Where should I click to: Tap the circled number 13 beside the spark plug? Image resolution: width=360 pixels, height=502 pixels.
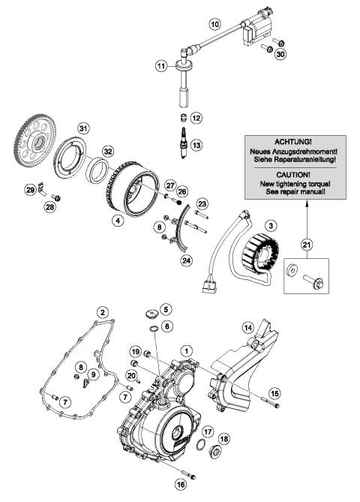coord(196,145)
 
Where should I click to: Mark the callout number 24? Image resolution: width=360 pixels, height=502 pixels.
coord(186,260)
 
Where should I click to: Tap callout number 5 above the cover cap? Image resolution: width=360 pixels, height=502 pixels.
coord(166,309)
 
